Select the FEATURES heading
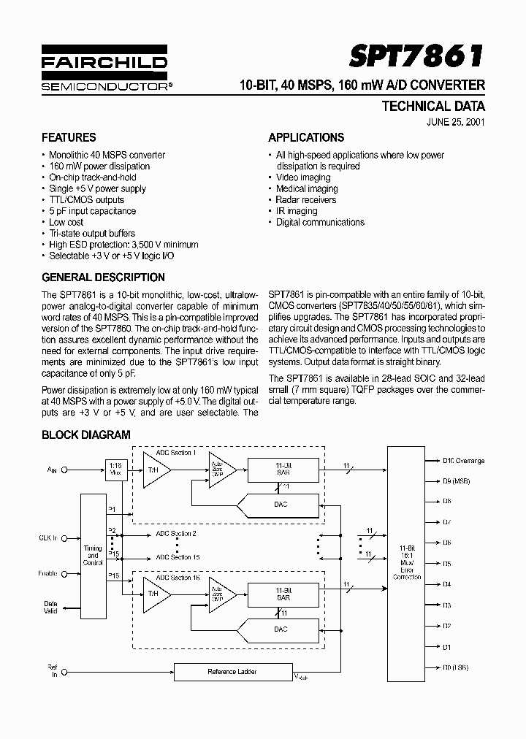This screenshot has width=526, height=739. tap(69, 137)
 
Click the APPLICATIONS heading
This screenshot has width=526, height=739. tap(306, 137)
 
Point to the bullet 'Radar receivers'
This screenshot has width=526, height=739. tap(306, 199)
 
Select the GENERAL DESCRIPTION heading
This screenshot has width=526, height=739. tap(103, 277)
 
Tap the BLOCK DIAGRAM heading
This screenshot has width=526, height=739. tap(85, 434)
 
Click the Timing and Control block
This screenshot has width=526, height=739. tap(93, 555)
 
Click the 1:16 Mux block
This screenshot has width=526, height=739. tap(115, 468)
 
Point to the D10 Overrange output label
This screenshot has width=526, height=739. tap(463, 461)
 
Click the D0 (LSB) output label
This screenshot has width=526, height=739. tap(455, 667)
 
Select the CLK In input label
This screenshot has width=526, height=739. tap(48, 537)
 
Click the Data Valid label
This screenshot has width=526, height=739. tap(50, 608)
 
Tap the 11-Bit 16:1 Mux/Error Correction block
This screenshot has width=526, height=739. tap(407, 563)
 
